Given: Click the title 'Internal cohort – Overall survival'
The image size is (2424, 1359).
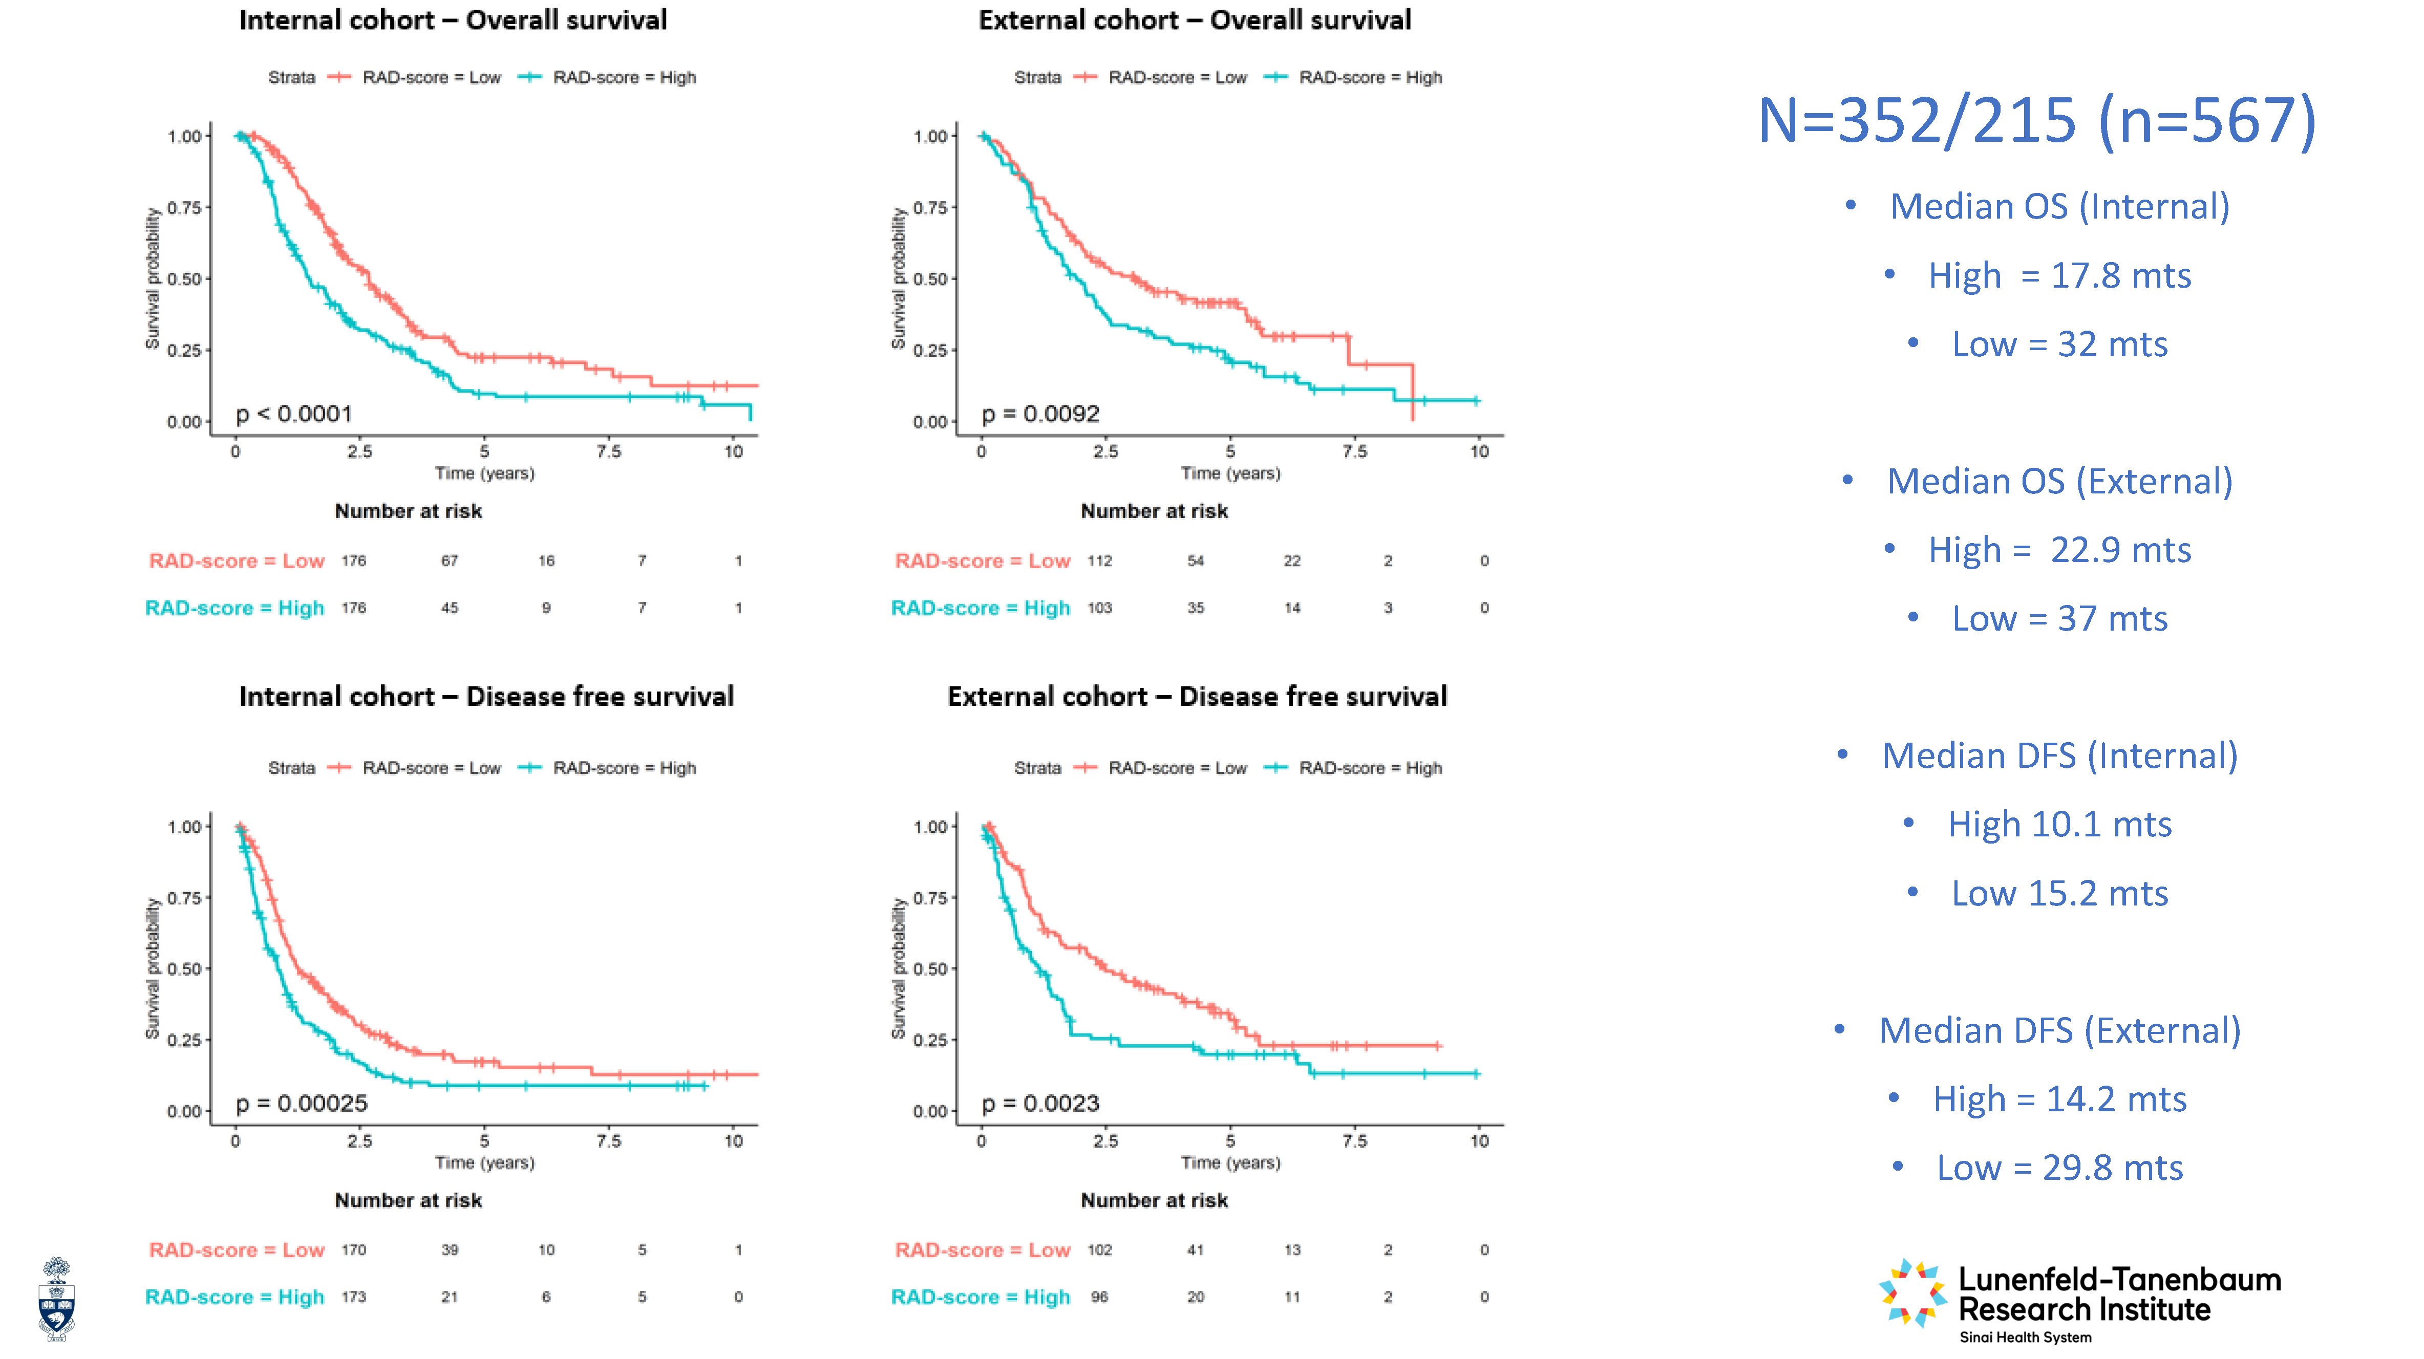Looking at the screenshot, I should [453, 20].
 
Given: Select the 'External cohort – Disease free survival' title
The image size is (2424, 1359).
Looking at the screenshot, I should [1197, 697].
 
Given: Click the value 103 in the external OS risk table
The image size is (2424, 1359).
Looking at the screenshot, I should [1100, 609].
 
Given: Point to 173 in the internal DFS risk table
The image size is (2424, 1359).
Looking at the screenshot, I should [354, 1297].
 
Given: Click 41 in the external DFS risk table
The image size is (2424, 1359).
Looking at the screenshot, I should [1196, 1250].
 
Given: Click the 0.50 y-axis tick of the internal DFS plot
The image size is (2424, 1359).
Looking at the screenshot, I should [184, 968].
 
